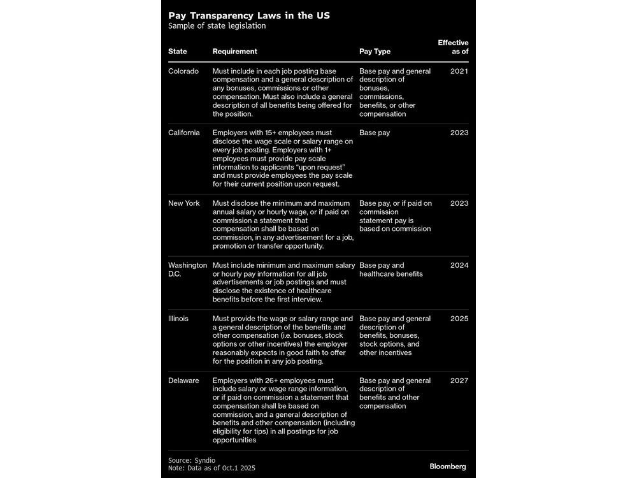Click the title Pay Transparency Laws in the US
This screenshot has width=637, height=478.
click(x=249, y=15)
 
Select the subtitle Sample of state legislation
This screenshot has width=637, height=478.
click(x=217, y=27)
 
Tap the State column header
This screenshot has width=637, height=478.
click(x=178, y=52)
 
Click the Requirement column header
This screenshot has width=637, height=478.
click(x=235, y=52)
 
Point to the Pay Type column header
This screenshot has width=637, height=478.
click(x=375, y=52)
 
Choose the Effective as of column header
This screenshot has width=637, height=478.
click(x=453, y=47)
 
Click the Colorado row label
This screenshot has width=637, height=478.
click(x=183, y=71)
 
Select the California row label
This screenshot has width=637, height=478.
click(x=184, y=133)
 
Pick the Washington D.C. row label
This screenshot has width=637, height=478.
click(x=187, y=270)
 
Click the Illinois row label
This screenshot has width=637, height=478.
click(x=178, y=319)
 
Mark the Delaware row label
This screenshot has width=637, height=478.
click(x=183, y=380)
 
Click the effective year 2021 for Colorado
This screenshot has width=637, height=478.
click(x=459, y=71)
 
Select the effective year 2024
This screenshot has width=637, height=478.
click(x=459, y=266)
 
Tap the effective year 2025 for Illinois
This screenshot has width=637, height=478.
click(x=459, y=319)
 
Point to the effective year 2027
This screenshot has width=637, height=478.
click(x=459, y=380)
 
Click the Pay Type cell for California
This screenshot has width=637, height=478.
click(x=375, y=133)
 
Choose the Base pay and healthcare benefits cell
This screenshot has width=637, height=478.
click(x=391, y=270)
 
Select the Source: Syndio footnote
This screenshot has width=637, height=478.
click(x=191, y=460)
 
